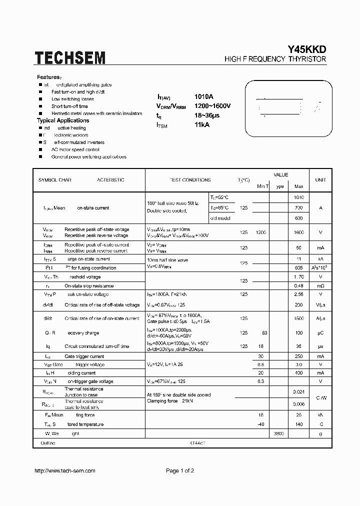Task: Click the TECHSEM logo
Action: coord(70,57)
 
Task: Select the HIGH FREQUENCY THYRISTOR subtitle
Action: coord(275,59)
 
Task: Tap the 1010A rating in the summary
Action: coord(203,96)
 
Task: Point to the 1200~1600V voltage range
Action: coord(212,106)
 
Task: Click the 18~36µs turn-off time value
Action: coord(206,115)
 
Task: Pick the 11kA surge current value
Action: coord(202,125)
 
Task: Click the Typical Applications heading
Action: coord(63,120)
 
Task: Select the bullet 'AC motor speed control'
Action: coord(75,149)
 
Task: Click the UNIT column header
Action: coord(320,180)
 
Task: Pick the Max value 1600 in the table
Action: coord(298,232)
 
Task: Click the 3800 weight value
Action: coord(279,433)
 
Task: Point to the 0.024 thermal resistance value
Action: coord(298,392)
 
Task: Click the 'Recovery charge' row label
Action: coord(82,333)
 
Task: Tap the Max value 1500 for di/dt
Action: coord(298,318)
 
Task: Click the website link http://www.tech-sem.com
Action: coord(64,471)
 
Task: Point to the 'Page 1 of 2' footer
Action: coord(179,471)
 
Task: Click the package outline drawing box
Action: coord(287,106)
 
